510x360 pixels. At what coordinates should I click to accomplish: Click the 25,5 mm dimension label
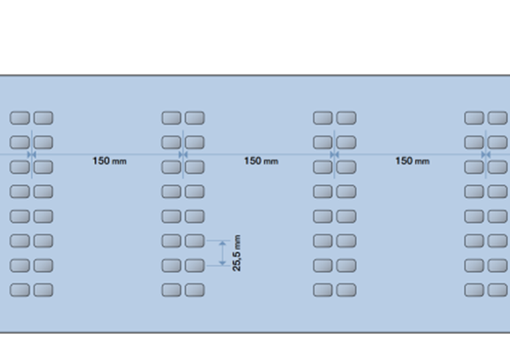click(237, 252)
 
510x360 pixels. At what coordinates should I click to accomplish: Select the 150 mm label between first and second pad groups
click(110, 161)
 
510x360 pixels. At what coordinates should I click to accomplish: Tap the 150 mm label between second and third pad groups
click(261, 161)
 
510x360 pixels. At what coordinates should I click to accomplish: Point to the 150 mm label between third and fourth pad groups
click(412, 161)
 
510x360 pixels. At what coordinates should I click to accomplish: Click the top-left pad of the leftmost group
click(20, 118)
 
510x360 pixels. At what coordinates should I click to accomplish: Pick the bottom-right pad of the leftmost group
click(43, 290)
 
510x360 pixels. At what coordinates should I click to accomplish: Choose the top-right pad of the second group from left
click(195, 118)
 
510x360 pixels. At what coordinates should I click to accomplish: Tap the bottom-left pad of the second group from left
click(171, 290)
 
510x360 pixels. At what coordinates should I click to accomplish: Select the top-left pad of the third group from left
click(323, 118)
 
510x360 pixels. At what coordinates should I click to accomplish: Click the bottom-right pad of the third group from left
click(346, 290)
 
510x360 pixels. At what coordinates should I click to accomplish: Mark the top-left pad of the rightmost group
click(474, 118)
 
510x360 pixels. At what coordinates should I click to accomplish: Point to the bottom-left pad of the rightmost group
click(474, 290)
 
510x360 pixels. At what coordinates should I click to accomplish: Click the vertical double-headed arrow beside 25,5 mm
click(222, 253)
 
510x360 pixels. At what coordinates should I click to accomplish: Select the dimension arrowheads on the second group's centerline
click(183, 155)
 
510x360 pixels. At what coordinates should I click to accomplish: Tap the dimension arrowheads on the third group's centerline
click(334, 155)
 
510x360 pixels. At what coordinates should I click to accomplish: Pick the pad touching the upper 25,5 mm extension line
click(195, 240)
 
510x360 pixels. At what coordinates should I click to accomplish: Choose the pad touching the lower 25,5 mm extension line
click(195, 265)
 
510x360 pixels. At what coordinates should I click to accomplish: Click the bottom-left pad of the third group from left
click(323, 290)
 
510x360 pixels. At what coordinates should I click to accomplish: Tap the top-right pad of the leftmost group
click(43, 118)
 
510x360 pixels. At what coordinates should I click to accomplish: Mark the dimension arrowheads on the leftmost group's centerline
click(31, 155)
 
